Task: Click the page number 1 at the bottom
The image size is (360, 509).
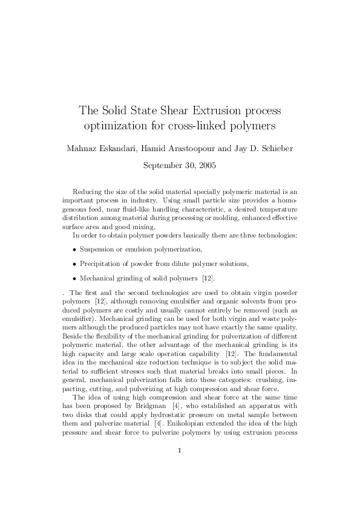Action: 180,467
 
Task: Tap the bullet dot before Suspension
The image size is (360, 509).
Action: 74,249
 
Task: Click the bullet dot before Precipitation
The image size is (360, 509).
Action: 74,264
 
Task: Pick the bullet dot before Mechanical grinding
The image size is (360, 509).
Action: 74,279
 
